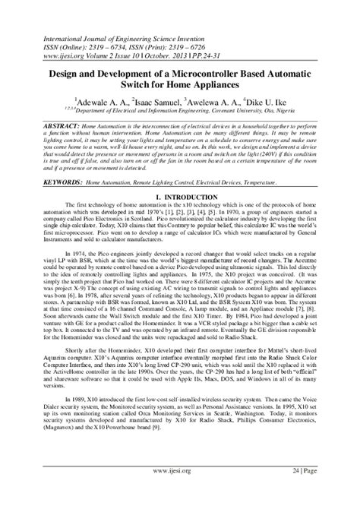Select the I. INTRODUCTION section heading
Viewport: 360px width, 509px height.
click(179, 195)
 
